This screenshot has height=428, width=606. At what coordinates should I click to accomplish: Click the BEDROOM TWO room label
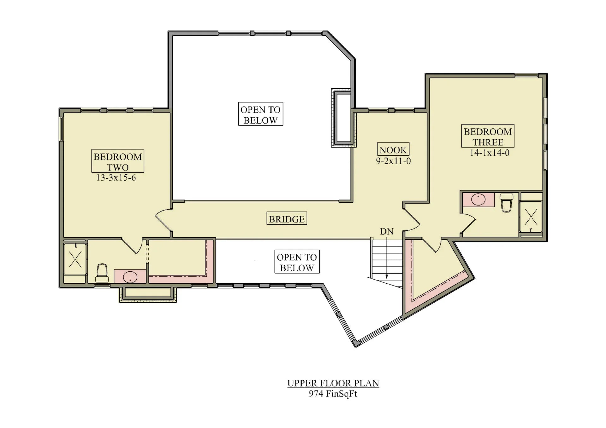coord(118,161)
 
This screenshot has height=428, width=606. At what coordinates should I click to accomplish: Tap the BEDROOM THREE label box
coord(488,136)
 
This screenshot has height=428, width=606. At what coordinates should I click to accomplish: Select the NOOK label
coord(393,150)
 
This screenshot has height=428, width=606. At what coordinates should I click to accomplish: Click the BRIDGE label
coord(287,219)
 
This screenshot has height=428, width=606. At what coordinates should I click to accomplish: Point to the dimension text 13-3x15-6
coord(116,178)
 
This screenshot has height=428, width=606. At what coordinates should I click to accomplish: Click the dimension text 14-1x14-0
coord(489,153)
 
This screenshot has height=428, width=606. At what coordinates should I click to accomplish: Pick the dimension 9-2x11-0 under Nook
coord(393,161)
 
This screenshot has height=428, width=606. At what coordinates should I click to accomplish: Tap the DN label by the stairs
coord(387,231)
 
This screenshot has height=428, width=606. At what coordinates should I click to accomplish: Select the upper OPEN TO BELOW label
coord(260,115)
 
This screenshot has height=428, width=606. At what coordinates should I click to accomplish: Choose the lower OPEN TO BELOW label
coord(297,262)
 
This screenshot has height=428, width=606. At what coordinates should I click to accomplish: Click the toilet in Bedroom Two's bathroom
coord(102,273)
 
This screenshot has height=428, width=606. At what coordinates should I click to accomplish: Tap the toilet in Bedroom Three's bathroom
coord(506,203)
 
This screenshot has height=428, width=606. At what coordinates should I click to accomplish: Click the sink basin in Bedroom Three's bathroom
coord(478,200)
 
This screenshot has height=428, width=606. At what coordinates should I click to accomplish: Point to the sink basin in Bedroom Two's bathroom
coord(130,277)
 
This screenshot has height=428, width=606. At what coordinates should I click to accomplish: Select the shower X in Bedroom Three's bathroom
coord(531,217)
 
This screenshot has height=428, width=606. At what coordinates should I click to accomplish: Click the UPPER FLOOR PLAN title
coord(333,383)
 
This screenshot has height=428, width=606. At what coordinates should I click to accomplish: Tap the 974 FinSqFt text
coord(333,394)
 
